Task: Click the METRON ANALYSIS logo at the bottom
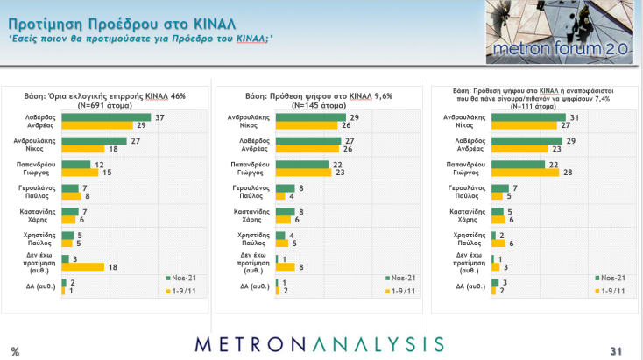[x=320, y=343]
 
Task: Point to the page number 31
[x=616, y=351]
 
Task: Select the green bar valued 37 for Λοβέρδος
[x=106, y=117]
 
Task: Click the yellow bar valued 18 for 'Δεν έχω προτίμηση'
[x=83, y=267]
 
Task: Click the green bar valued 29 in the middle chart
[x=310, y=117]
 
